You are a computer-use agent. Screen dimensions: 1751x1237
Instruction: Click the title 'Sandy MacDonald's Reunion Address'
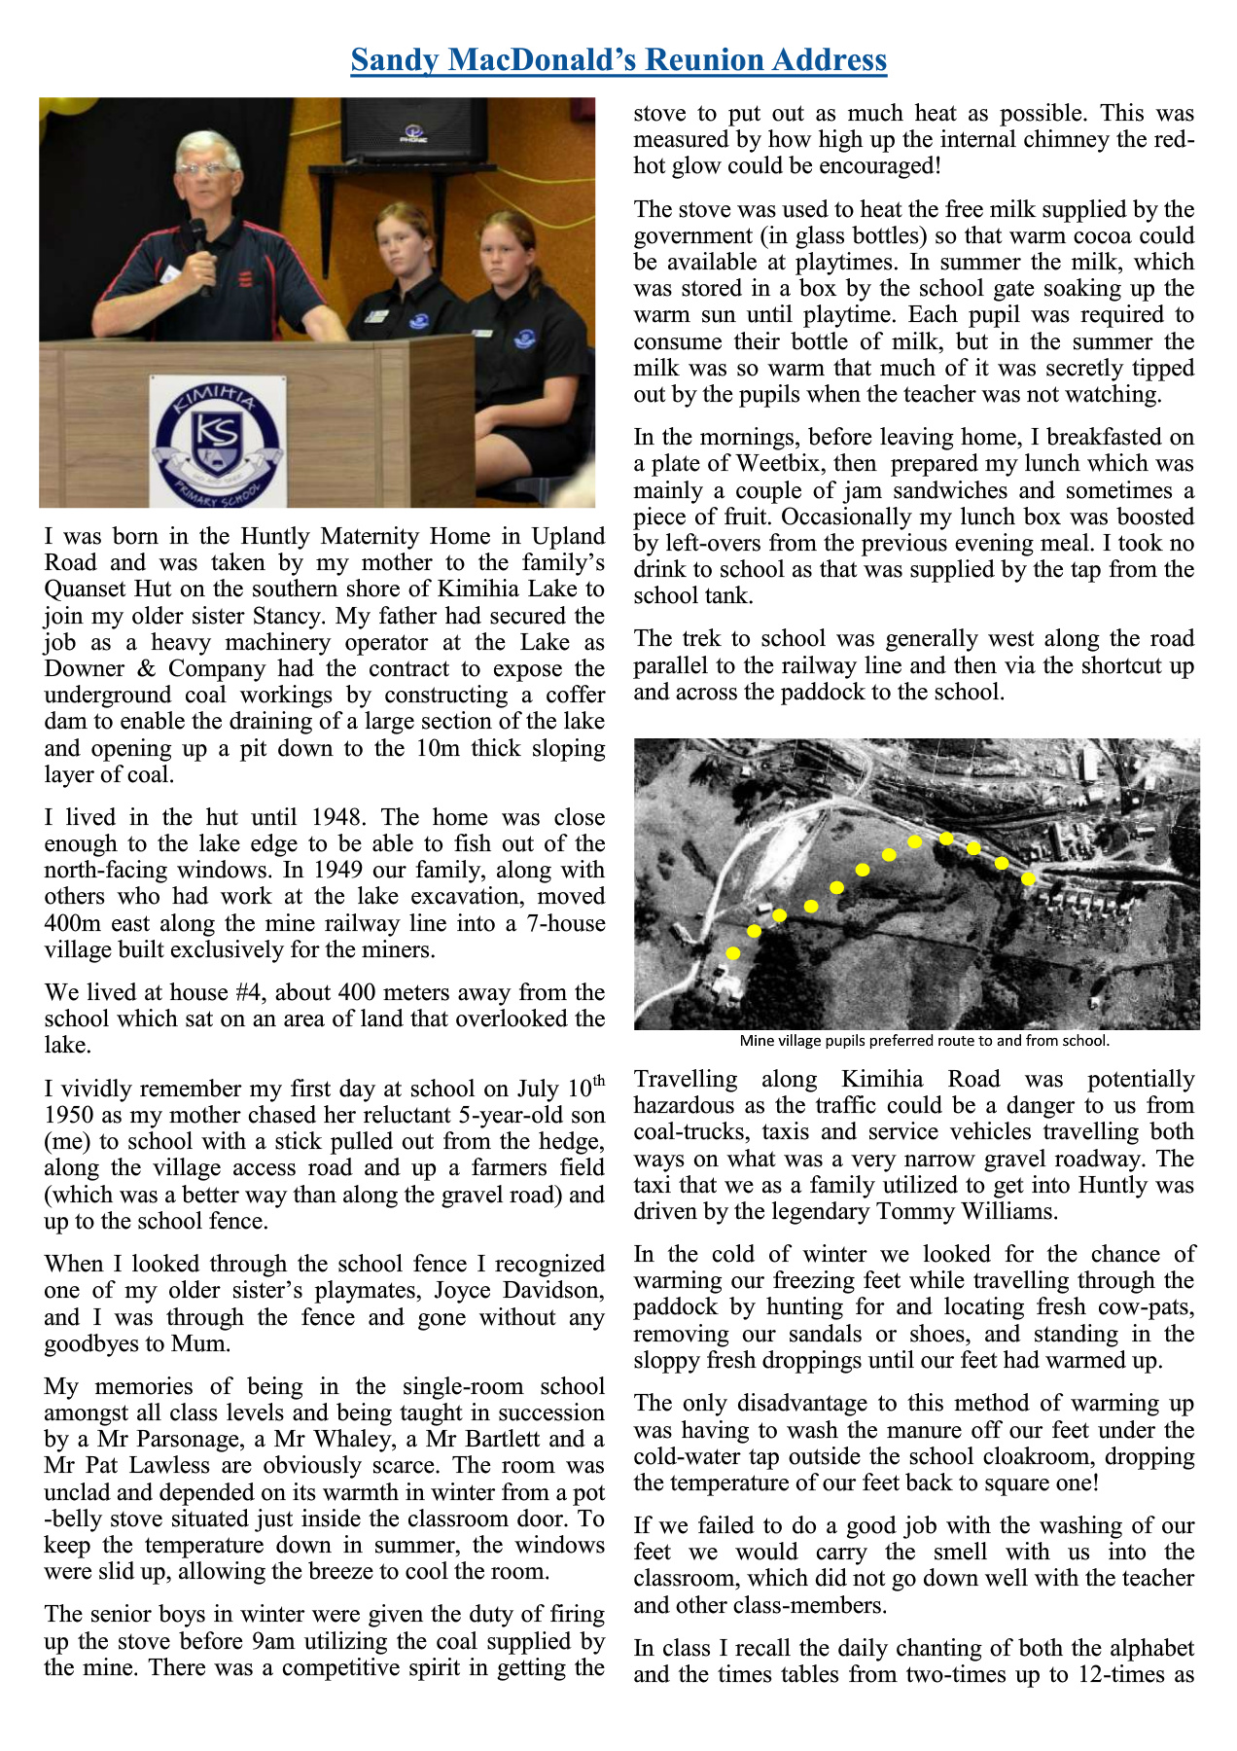click(x=618, y=60)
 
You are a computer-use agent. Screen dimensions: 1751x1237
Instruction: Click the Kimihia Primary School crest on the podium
click(x=217, y=443)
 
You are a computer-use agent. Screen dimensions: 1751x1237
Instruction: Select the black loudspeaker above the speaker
click(x=413, y=129)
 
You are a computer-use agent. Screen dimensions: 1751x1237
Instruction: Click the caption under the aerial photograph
click(x=924, y=1041)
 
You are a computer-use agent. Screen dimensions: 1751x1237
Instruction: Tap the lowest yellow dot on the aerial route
click(x=733, y=953)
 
